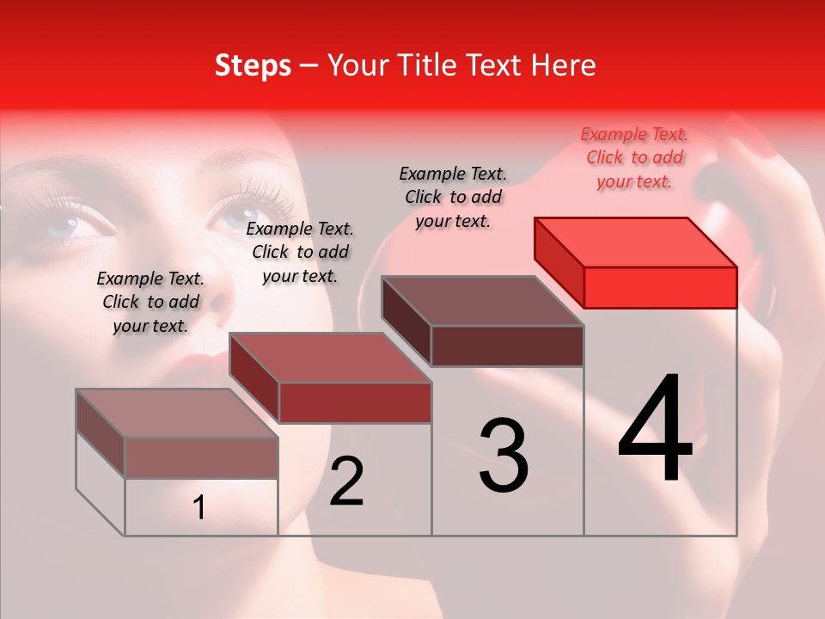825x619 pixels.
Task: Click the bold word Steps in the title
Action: click(253, 65)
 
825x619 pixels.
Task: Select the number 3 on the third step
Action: click(504, 456)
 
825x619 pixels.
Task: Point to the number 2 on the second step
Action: click(347, 481)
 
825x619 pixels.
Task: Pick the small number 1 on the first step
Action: click(199, 508)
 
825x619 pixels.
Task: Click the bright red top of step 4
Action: click(636, 242)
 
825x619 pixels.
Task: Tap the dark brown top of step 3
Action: click(482, 301)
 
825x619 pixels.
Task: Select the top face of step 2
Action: click(330, 358)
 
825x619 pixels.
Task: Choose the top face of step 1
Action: click(177, 414)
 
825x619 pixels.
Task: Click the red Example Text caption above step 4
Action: click(634, 157)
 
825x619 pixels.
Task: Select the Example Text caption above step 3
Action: click(453, 197)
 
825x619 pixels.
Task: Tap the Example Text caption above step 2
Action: click(300, 252)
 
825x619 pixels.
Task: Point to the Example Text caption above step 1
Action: click(150, 302)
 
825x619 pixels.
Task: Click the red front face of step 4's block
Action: click(660, 287)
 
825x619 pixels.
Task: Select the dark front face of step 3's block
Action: click(507, 346)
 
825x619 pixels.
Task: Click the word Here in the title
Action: click(565, 65)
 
